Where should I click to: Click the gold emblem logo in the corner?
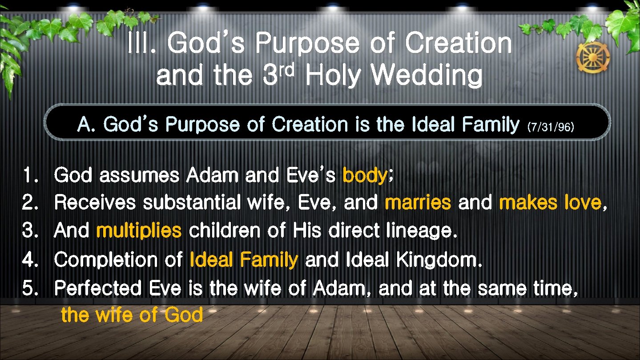[x=593, y=57]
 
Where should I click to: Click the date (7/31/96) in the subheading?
[x=551, y=128]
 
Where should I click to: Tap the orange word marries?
[x=418, y=203]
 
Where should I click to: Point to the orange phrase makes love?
[x=550, y=203]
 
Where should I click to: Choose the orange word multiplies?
[x=139, y=231]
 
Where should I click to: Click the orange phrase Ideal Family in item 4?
[x=243, y=260]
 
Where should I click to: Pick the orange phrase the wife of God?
[x=132, y=315]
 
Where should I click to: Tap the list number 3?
[x=30, y=231]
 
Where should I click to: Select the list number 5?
[x=30, y=288]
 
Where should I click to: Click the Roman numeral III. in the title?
[x=141, y=44]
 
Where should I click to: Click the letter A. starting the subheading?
[x=86, y=125]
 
